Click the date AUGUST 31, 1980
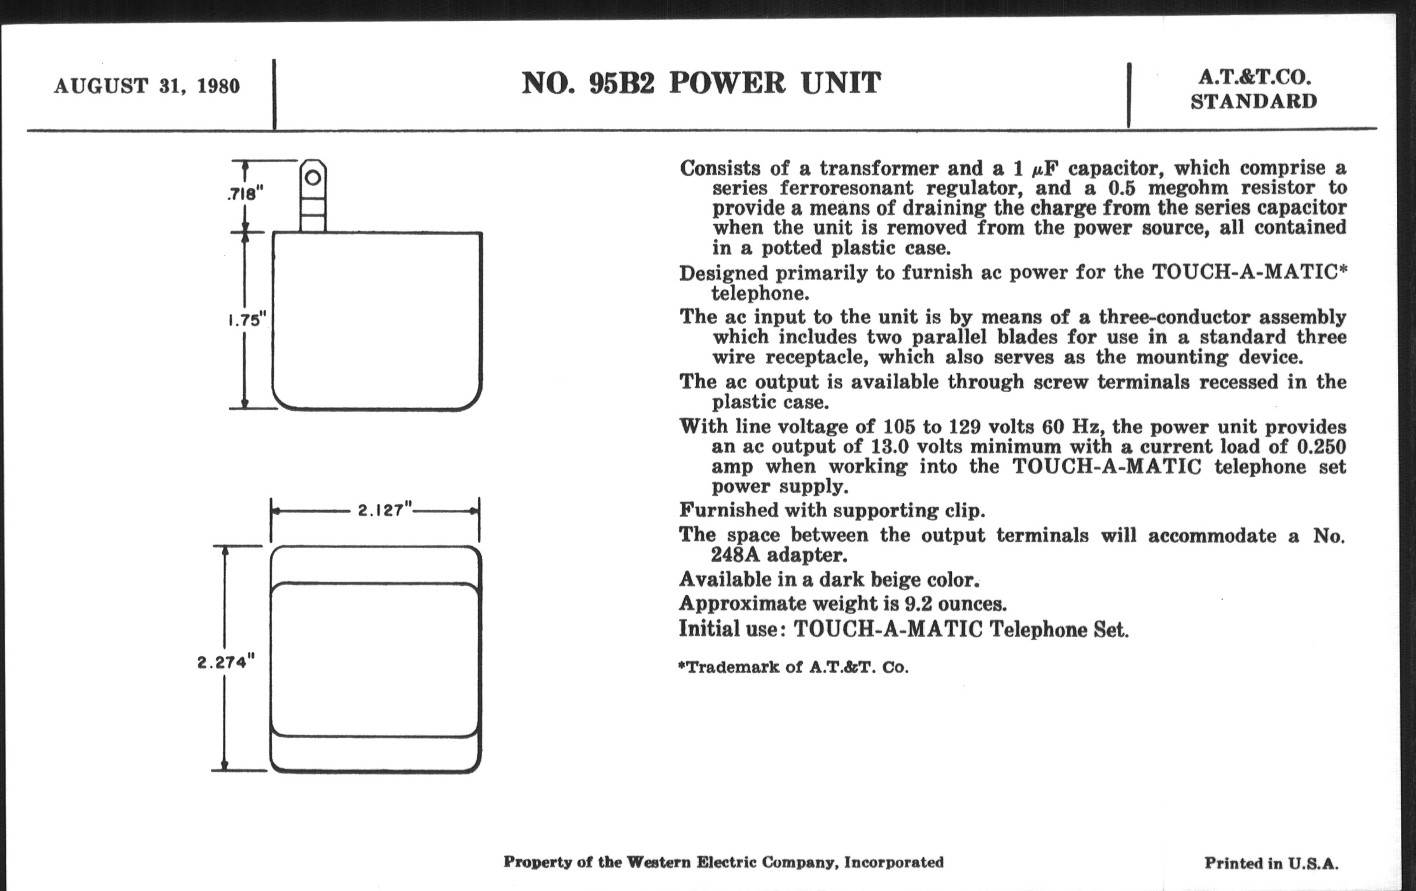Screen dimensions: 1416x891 (147, 86)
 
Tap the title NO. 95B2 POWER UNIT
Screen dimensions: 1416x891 (702, 83)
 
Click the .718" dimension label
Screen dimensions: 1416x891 (245, 193)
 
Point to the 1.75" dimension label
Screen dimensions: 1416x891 (247, 320)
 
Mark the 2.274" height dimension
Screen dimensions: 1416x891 (226, 662)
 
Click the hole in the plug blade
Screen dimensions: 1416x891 (313, 177)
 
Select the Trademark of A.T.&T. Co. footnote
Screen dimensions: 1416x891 (793, 667)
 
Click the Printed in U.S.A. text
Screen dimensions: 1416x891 (1272, 863)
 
